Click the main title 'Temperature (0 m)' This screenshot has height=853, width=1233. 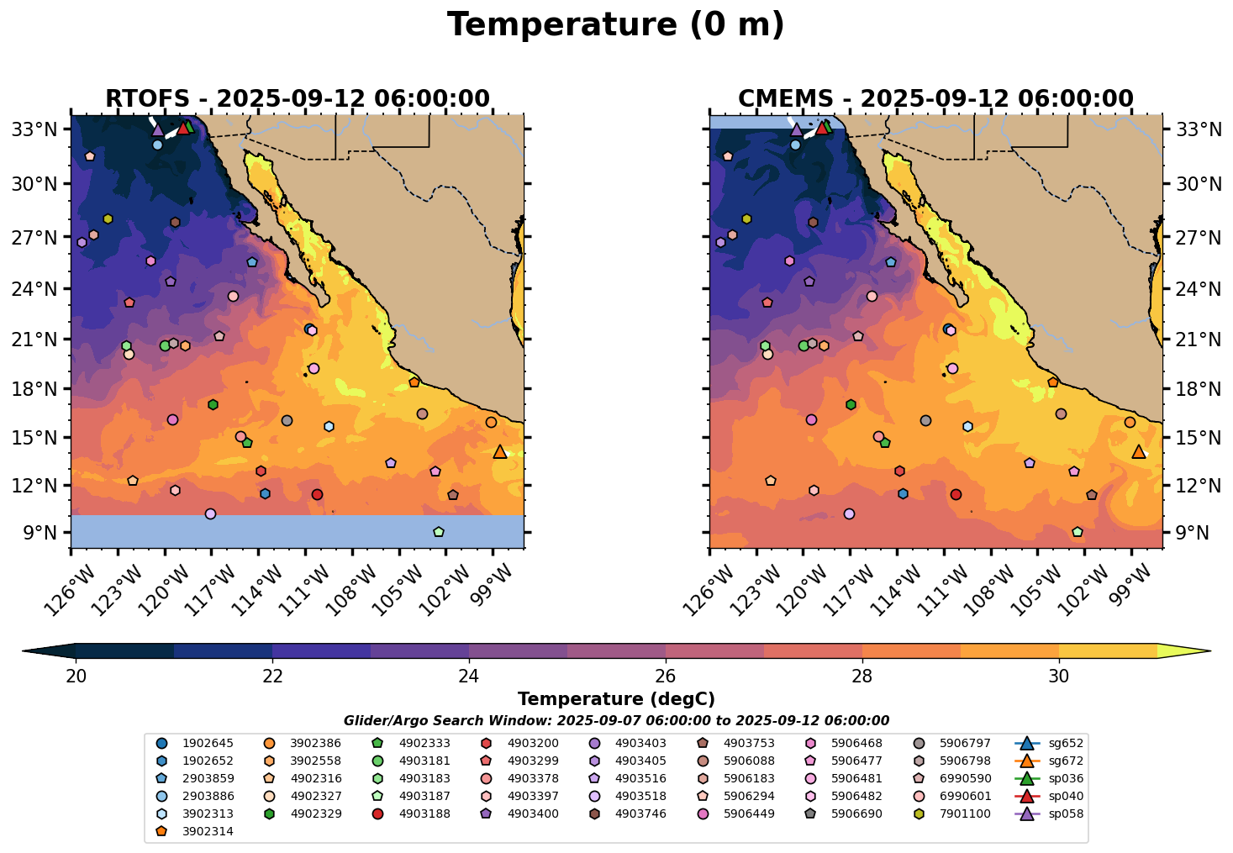pos(615,25)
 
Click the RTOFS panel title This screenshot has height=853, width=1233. pos(297,99)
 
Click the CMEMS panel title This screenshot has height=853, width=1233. pos(935,99)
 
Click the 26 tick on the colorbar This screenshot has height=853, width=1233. pos(666,677)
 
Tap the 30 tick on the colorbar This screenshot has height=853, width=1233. pos(1059,677)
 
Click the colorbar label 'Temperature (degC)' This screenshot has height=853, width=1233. pos(616,699)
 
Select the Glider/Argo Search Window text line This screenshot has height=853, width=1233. pos(616,721)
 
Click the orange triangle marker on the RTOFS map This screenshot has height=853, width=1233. pos(500,451)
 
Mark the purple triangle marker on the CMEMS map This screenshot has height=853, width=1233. pos(796,129)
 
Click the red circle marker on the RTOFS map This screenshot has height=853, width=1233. pos(317,494)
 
